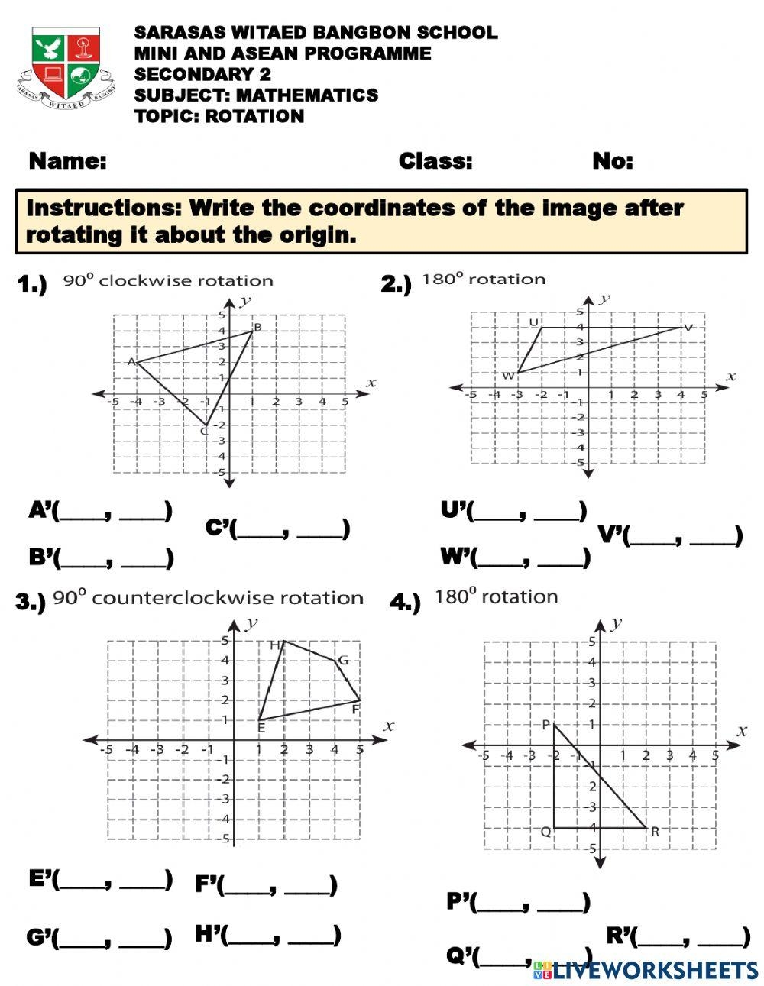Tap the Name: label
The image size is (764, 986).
click(x=67, y=161)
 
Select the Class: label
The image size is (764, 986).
click(x=435, y=161)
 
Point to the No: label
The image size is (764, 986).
click(x=613, y=161)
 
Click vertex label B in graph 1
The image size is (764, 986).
click(x=257, y=328)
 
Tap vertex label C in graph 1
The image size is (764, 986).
click(x=204, y=432)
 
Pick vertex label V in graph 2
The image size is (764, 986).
click(x=688, y=328)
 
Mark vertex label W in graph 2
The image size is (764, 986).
click(x=508, y=375)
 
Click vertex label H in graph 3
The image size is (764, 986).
click(x=275, y=645)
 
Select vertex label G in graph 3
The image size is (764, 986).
click(x=343, y=661)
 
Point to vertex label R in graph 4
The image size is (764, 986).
click(x=655, y=832)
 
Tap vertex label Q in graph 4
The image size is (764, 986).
click(x=545, y=832)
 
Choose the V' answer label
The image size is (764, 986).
click(x=612, y=535)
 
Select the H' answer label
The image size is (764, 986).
click(x=209, y=933)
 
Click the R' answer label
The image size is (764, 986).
click(x=620, y=935)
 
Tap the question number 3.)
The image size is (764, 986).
click(x=31, y=602)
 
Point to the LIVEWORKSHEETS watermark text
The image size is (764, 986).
click(x=653, y=970)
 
